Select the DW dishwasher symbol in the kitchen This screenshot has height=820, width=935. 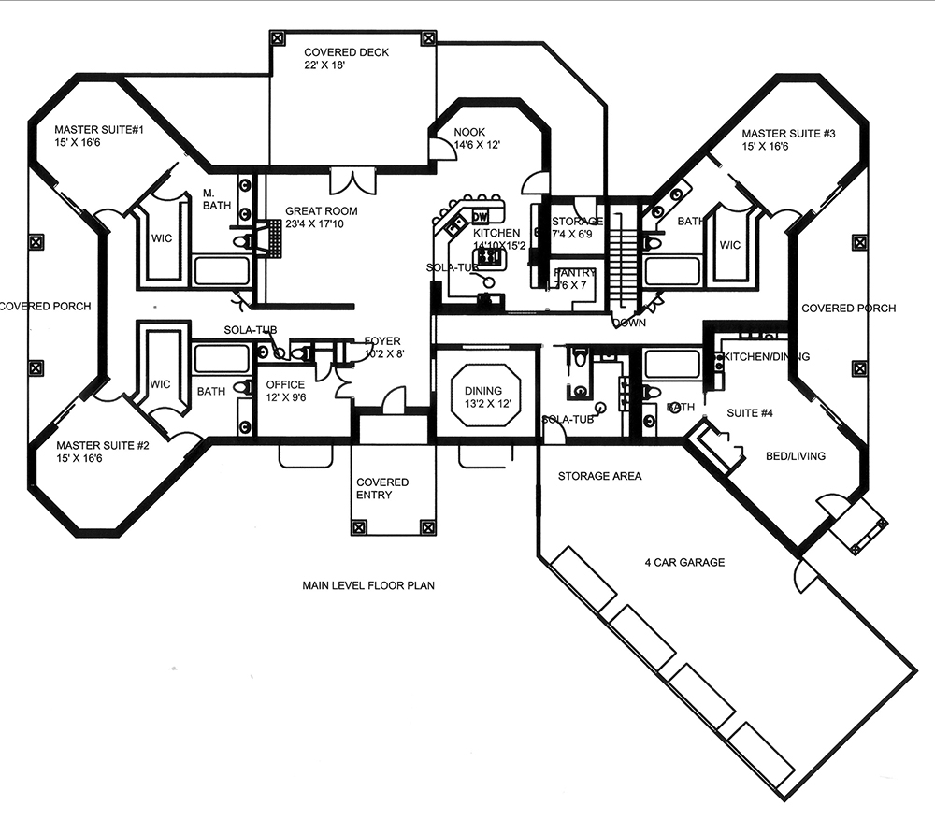(x=482, y=217)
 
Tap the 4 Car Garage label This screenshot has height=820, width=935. (x=684, y=562)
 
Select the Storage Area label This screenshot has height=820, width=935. (x=599, y=476)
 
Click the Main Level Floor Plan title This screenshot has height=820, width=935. (x=369, y=586)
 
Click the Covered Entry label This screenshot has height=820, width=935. (x=381, y=489)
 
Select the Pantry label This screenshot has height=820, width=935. (x=574, y=272)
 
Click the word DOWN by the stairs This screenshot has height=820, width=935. (x=628, y=323)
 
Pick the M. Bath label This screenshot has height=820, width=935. (x=216, y=199)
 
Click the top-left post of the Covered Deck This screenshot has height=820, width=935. (x=278, y=37)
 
